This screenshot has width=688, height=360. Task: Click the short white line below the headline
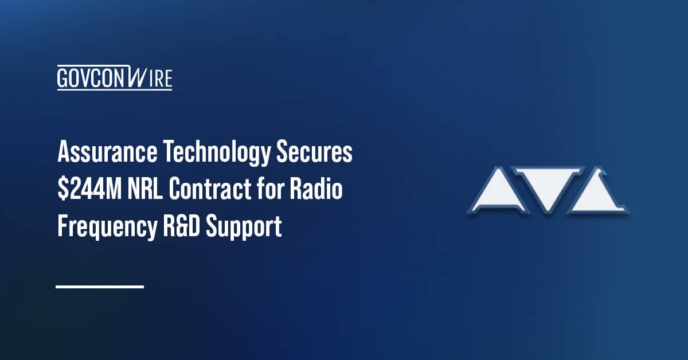click(100, 286)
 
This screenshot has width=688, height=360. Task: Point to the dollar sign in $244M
click(62, 190)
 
